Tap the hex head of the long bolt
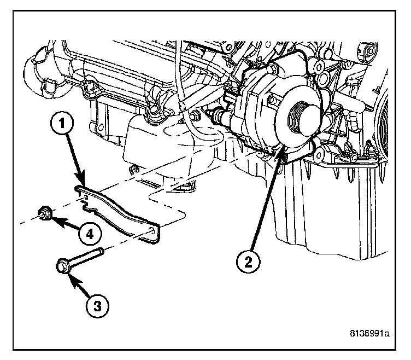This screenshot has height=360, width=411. (x=61, y=267)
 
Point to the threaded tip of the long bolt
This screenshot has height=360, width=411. (x=102, y=253)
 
